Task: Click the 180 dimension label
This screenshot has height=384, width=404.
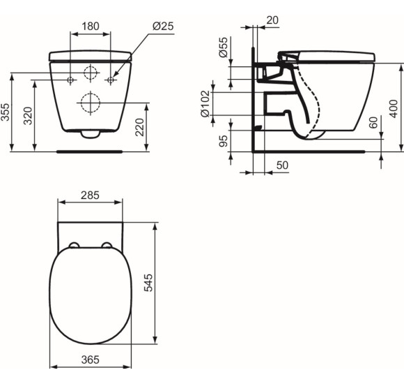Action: point(91,27)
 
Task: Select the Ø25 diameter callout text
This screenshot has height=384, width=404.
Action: point(163,26)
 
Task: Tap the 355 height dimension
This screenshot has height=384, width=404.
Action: point(5,112)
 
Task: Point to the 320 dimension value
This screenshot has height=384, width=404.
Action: point(28,116)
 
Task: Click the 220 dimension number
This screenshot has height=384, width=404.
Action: point(139,127)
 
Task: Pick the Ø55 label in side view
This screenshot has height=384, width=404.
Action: point(224,47)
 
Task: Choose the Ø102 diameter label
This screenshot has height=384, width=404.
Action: point(205,103)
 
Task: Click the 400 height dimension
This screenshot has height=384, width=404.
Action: point(394,109)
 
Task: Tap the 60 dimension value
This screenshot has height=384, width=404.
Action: point(373,122)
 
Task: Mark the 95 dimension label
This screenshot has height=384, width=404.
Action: point(224,141)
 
